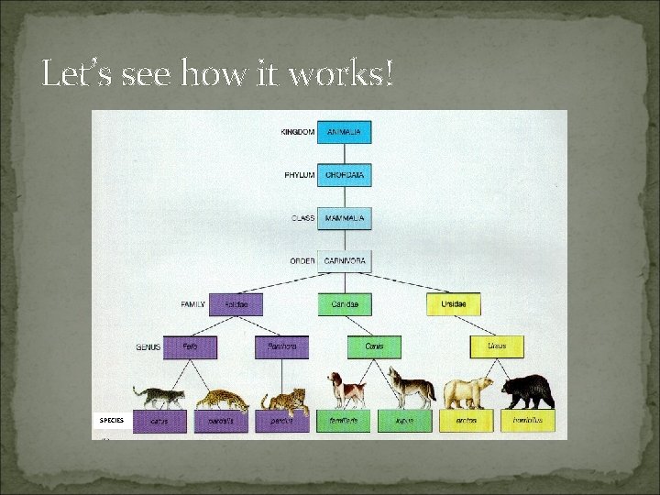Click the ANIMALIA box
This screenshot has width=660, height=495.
(x=344, y=132)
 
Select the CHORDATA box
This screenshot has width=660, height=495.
(x=344, y=175)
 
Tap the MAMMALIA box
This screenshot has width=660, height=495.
(x=344, y=218)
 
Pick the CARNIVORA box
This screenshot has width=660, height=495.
(x=344, y=261)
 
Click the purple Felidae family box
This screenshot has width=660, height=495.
(x=236, y=304)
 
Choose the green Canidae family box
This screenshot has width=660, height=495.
(x=345, y=304)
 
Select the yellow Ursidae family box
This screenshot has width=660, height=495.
(x=453, y=304)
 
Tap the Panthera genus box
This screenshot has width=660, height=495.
(x=281, y=347)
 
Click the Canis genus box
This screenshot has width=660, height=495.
(x=374, y=347)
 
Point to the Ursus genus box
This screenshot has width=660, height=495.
(x=496, y=347)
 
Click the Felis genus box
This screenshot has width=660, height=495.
(x=190, y=347)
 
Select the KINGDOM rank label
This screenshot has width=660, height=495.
(x=297, y=132)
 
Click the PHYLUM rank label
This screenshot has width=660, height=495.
(x=299, y=175)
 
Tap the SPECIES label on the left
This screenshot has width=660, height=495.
(x=112, y=420)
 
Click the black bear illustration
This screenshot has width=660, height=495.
(x=527, y=391)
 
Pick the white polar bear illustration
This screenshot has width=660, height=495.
(x=468, y=392)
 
